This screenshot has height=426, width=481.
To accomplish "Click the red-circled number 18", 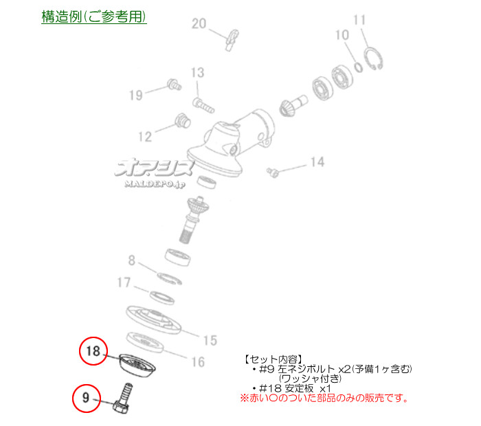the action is point(93,351).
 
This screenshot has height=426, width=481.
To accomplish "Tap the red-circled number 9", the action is point(86,398).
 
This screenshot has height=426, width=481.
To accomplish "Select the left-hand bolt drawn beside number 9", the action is point(123,398).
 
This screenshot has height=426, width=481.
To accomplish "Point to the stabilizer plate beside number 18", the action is point(137,366).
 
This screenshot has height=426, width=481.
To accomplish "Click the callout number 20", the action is point(199,23).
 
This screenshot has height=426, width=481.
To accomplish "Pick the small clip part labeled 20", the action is point(232,40).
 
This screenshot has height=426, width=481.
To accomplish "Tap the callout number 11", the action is point(359,20).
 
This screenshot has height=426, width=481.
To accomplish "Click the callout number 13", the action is point(197,73).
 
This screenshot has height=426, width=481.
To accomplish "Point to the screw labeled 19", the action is point(175,85).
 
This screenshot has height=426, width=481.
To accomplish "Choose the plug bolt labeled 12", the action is point(183,120).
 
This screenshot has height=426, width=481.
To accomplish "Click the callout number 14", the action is point(317,162).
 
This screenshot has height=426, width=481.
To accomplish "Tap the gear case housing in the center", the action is point(231,143).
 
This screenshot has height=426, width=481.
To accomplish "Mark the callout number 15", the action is point(210,340).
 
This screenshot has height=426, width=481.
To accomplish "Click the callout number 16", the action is point(198,362).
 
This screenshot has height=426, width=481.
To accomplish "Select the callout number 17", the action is point(124,282).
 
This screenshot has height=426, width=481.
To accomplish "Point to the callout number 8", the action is point(132,260).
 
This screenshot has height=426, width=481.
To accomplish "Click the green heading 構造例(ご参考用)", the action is point(94,16).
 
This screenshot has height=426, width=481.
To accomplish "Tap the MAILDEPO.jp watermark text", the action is point(155,184).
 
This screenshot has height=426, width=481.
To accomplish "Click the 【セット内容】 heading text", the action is point(273,359).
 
